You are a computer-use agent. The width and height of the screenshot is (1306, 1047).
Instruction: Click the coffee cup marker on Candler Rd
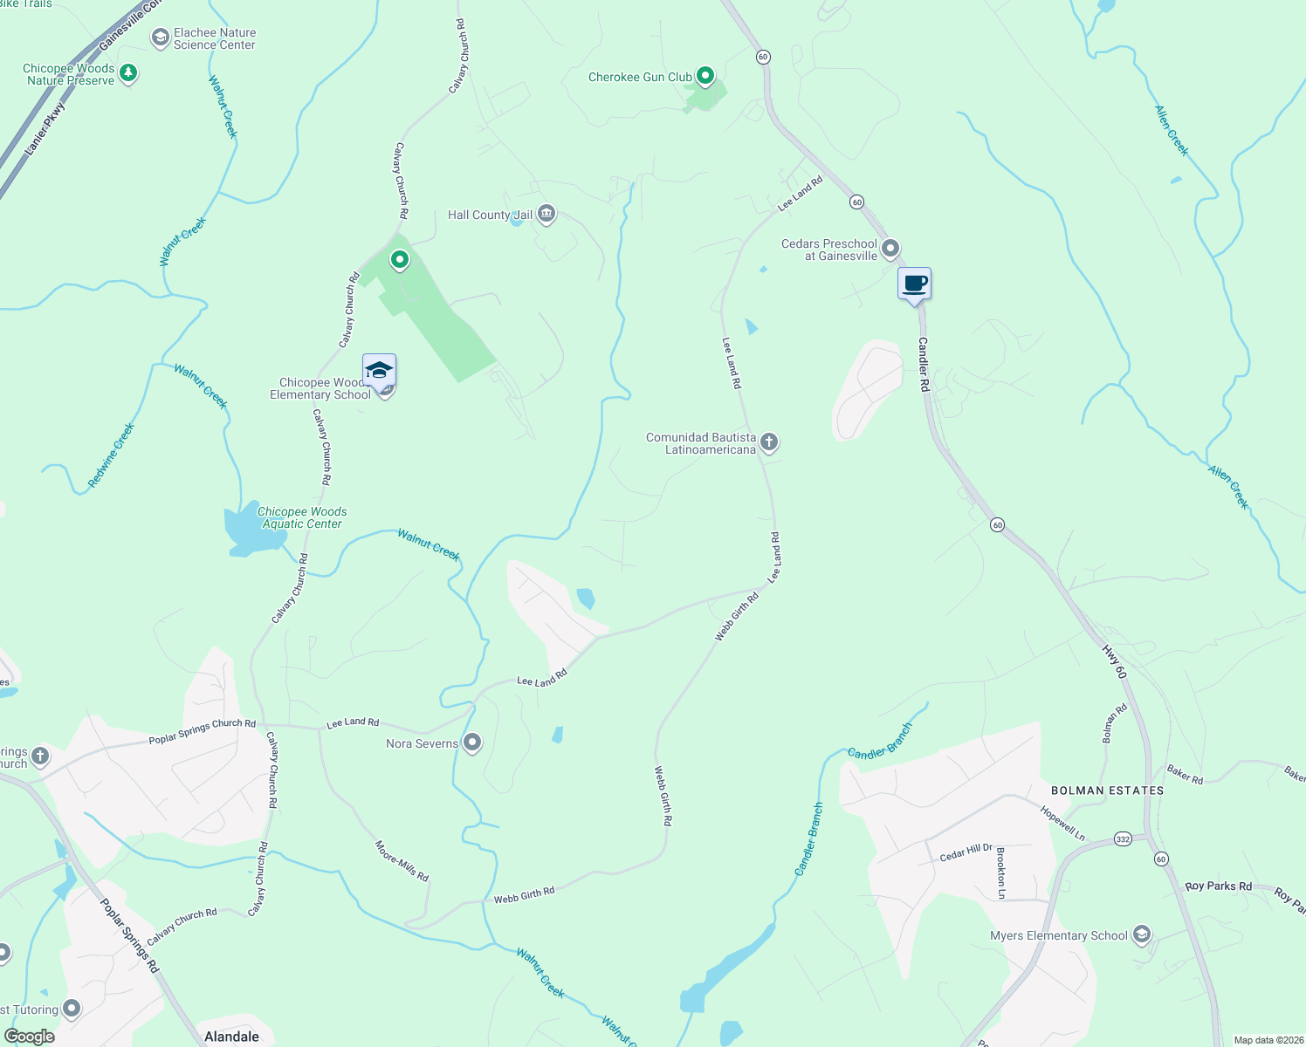point(914,284)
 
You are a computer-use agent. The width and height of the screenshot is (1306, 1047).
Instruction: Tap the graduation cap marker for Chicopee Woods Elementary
point(379,371)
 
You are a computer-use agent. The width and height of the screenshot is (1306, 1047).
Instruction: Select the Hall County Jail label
point(490,215)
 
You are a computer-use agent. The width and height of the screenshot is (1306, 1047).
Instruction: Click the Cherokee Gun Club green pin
point(706,77)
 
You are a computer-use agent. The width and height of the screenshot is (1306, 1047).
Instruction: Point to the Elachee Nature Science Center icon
point(160,38)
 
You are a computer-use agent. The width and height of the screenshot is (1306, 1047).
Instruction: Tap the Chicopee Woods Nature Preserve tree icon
point(128,72)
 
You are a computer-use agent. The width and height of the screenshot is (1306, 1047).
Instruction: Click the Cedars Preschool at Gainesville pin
point(890,249)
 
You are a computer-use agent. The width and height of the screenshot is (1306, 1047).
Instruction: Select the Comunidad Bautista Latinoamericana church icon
point(769,441)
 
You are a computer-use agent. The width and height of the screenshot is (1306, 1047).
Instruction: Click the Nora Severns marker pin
point(472,742)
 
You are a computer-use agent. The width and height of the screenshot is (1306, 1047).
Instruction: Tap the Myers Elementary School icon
point(1141,934)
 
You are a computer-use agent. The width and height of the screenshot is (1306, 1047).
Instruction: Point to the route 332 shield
point(1123,839)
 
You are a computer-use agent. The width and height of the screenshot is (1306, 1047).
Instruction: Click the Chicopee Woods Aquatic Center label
point(302,517)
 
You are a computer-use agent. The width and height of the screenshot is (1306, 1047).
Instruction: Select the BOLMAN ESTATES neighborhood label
point(1107,790)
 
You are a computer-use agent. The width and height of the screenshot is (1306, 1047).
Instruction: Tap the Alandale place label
point(231,1037)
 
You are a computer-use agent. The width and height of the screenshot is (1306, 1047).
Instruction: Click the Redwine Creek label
point(112,455)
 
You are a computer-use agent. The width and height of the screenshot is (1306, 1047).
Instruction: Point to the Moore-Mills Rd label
point(402,861)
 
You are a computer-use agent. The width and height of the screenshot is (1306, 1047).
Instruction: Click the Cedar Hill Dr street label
point(966,852)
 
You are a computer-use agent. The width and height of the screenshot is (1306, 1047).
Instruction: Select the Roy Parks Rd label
point(1218,886)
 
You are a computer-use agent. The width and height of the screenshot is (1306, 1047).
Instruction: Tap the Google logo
point(30,1037)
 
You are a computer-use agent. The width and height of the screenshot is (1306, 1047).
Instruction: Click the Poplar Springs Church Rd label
point(202,732)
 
